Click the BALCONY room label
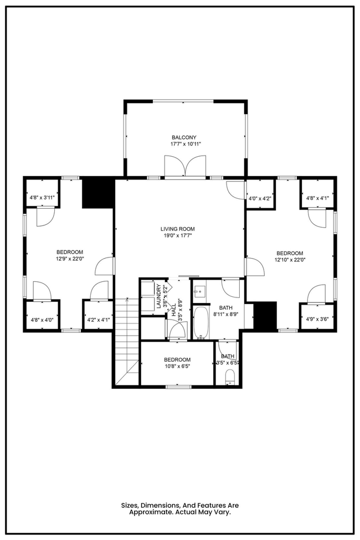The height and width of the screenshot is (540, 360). pyautogui.click(x=184, y=137)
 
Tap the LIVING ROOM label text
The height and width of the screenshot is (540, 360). pyautogui.click(x=177, y=229)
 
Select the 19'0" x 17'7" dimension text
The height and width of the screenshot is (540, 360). pyautogui.click(x=177, y=236)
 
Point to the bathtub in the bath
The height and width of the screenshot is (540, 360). pyautogui.click(x=201, y=323)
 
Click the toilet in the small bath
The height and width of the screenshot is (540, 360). pyautogui.click(x=229, y=377)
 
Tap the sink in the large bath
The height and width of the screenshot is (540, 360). pyautogui.click(x=199, y=292)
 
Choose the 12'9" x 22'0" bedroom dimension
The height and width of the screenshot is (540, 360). pyautogui.click(x=70, y=259)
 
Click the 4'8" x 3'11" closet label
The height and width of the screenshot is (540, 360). pyautogui.click(x=43, y=198)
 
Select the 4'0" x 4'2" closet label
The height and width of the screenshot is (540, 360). pyautogui.click(x=260, y=198)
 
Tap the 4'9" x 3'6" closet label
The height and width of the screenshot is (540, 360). pyautogui.click(x=317, y=319)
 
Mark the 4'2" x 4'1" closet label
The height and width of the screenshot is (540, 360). pyautogui.click(x=98, y=320)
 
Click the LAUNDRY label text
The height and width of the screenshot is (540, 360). pyautogui.click(x=158, y=296)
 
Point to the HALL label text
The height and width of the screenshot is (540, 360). pyautogui.click(x=173, y=310)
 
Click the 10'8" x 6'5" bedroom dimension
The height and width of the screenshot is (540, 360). pyautogui.click(x=177, y=366)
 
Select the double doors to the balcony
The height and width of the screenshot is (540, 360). pyautogui.click(x=186, y=166)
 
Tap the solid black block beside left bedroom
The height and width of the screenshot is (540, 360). pyautogui.click(x=98, y=193)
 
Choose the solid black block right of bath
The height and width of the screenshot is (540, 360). pyautogui.click(x=265, y=316)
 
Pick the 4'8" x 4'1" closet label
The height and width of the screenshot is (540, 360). pyautogui.click(x=317, y=198)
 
